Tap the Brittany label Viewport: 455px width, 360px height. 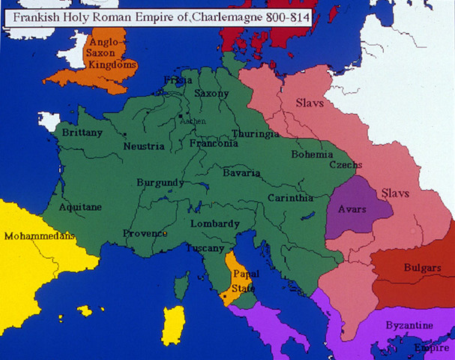(x=82, y=132)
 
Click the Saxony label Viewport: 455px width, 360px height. (x=212, y=94)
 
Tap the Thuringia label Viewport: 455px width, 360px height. (x=256, y=133)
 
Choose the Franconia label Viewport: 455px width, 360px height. (x=214, y=143)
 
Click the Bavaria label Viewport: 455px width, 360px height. (x=241, y=173)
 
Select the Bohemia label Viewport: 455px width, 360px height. (x=313, y=154)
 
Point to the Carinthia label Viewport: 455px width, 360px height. (x=291, y=198)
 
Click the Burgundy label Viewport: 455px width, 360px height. (x=160, y=182)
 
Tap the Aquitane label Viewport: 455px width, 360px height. (x=80, y=206)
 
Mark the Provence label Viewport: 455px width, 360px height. (x=145, y=232)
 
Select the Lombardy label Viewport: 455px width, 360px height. (x=216, y=223)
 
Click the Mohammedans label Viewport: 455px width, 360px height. (x=40, y=235)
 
